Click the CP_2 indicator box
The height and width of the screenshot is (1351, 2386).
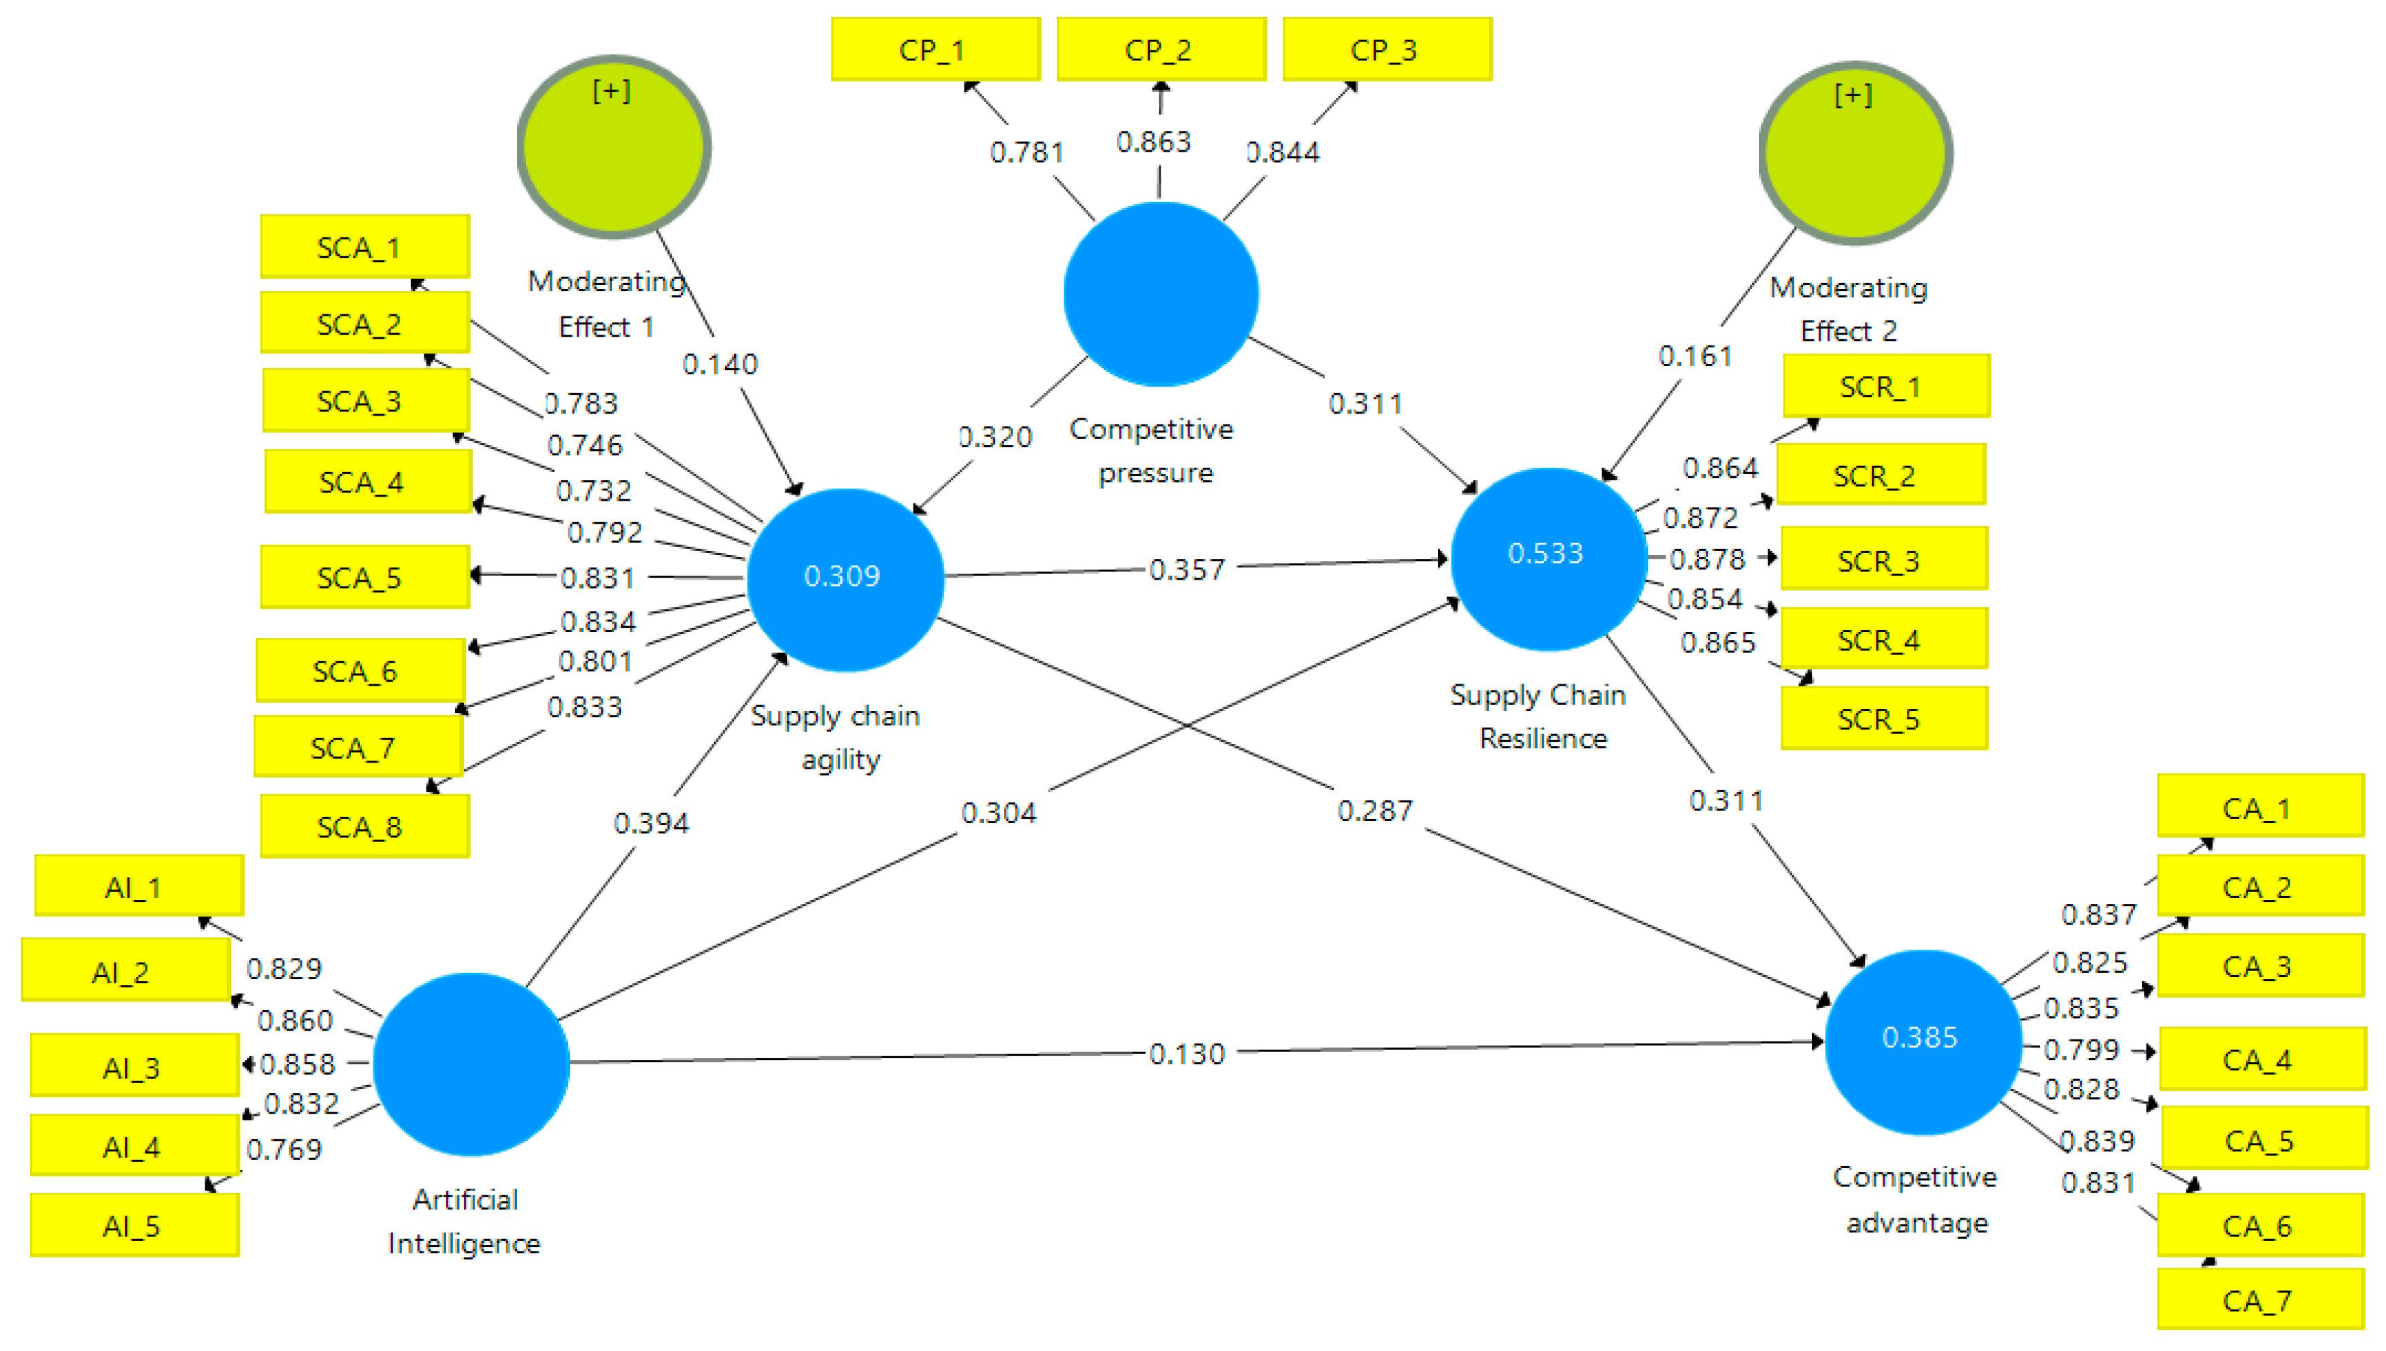click(x=1160, y=49)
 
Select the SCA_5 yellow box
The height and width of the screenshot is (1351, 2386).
click(x=365, y=577)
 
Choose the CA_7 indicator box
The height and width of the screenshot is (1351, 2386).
click(x=2260, y=1300)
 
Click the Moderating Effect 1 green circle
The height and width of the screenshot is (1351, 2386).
click(x=614, y=147)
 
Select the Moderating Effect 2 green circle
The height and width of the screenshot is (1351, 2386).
click(x=1855, y=153)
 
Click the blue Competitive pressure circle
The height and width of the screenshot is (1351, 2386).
click(x=1160, y=294)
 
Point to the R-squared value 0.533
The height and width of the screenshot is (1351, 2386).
click(x=1545, y=553)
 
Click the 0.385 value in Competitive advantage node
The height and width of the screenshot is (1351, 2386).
click(x=1919, y=1037)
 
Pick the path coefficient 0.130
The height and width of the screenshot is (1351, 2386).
click(x=1186, y=1053)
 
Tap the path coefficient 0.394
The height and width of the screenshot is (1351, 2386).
click(x=651, y=823)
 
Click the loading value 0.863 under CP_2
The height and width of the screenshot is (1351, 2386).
click(x=1153, y=142)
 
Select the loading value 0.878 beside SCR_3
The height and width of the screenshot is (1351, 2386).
click(x=1707, y=558)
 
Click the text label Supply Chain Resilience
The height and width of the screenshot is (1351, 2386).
click(x=1539, y=716)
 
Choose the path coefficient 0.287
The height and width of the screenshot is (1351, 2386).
click(x=1375, y=811)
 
